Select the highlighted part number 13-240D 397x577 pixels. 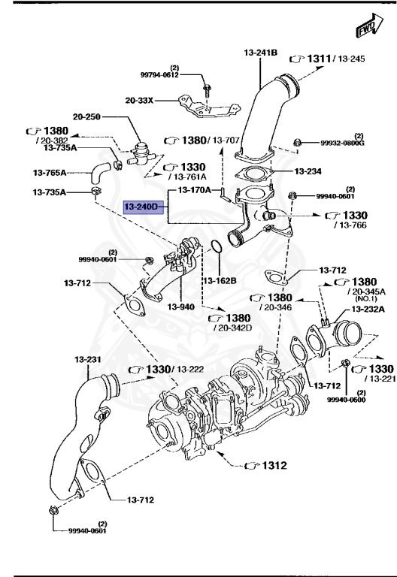[x=142, y=206]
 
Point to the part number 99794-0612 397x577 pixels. [x=159, y=74]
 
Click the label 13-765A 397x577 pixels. [x=50, y=173]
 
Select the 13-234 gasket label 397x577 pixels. [x=308, y=171]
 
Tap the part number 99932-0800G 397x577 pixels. [x=342, y=143]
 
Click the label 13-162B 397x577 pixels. [x=220, y=280]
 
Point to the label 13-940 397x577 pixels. [x=181, y=307]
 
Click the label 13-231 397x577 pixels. [x=88, y=359]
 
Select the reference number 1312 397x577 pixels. [x=274, y=466]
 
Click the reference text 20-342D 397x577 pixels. [x=232, y=328]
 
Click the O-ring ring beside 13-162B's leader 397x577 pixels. [x=214, y=247]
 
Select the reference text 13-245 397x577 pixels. [x=349, y=58]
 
